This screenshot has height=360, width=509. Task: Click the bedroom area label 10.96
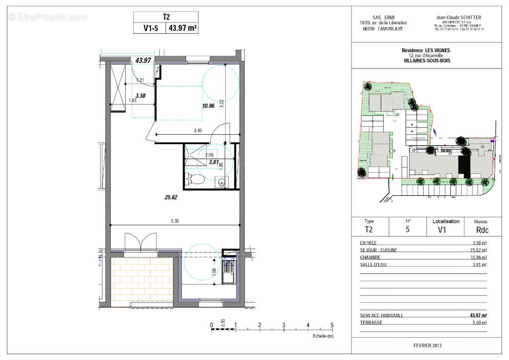click(208, 105)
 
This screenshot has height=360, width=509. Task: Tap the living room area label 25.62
click(171, 197)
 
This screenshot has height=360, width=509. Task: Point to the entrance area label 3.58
click(140, 95)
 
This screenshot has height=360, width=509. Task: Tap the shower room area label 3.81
click(213, 162)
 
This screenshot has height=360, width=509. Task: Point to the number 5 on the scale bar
click(332, 326)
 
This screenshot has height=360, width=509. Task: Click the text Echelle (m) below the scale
click(323, 336)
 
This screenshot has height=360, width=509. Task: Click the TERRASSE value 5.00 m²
click(479, 322)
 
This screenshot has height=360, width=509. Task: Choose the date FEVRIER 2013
click(427, 346)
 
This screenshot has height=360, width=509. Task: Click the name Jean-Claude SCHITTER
click(460, 17)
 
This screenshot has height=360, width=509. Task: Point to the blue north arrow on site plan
click(435, 132)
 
